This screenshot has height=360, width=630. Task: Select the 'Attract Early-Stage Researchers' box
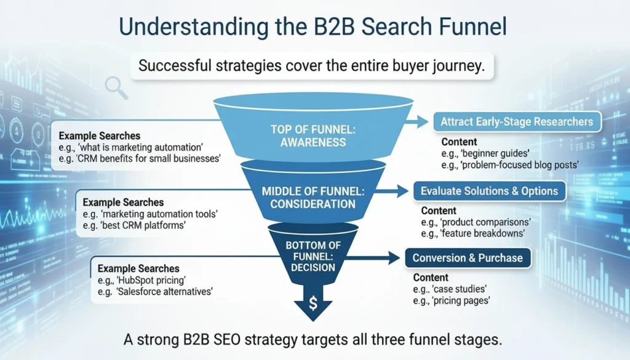[x=516, y=121]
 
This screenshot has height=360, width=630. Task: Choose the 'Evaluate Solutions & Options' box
[x=489, y=191]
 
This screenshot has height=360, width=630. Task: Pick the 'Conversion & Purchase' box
[x=468, y=258]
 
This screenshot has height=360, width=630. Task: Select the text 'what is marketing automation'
[x=146, y=148]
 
